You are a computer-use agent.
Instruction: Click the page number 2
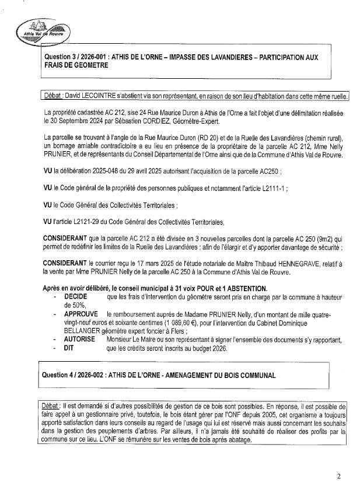338,476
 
